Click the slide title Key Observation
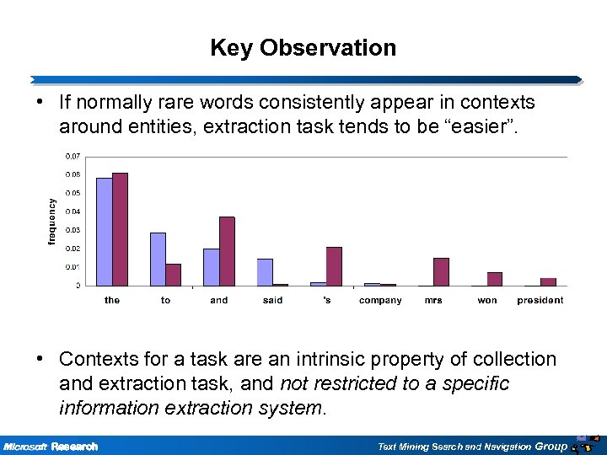point(303,48)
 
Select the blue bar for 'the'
point(105,231)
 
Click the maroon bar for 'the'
point(120,229)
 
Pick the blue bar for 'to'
point(158,259)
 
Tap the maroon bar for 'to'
point(173,275)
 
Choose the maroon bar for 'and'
point(227,251)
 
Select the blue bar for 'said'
point(265,272)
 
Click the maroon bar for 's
point(334,266)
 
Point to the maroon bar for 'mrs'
point(441,271)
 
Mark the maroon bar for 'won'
point(495,279)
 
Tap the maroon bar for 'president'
point(548,281)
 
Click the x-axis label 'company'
point(380,301)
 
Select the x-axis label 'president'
point(540,301)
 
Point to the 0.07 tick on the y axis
point(73,157)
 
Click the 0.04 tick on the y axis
point(73,211)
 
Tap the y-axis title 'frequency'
point(52,222)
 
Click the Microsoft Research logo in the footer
point(51,446)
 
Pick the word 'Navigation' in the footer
point(502,446)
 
